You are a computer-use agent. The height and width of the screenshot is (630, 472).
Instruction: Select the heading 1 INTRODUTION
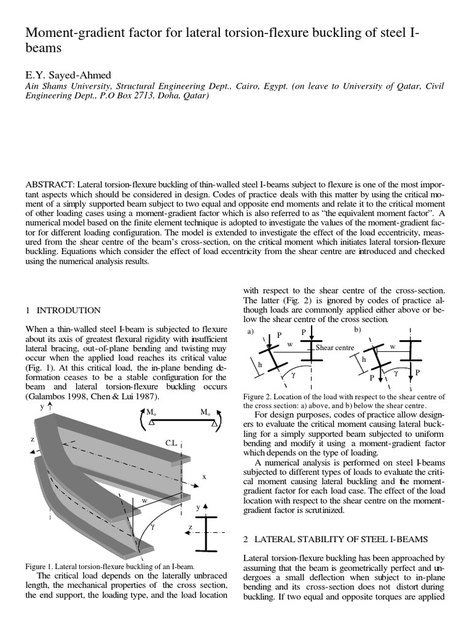(63, 309)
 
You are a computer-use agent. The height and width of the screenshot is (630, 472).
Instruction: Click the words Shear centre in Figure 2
(335, 348)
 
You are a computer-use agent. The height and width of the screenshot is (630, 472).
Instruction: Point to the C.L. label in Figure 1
(173, 442)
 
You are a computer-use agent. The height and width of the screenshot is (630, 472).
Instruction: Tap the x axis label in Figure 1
(203, 476)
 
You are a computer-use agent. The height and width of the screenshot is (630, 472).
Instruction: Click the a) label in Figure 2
(250, 332)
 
